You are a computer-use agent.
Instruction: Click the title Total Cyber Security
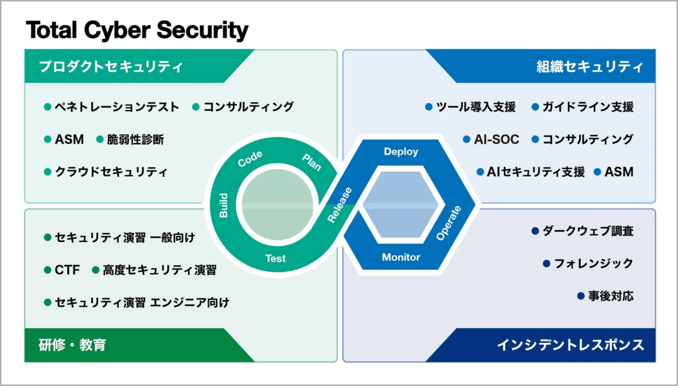tap(137, 31)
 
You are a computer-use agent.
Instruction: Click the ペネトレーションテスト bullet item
tap(116, 107)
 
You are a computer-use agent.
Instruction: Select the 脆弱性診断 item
tap(135, 140)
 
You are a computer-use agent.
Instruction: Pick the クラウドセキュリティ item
tap(111, 172)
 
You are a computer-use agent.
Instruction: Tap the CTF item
tap(67, 270)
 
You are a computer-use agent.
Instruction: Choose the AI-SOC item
tap(496, 140)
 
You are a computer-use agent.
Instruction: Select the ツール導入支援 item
tap(476, 107)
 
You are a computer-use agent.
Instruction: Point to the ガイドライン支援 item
tap(588, 107)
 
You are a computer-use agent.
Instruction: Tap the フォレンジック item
tap(593, 263)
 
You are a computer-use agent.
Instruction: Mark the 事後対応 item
tap(610, 296)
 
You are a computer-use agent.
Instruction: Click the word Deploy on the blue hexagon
tap(401, 151)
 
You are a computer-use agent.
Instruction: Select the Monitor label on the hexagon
tap(401, 257)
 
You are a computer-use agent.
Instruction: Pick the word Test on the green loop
tap(276, 258)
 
